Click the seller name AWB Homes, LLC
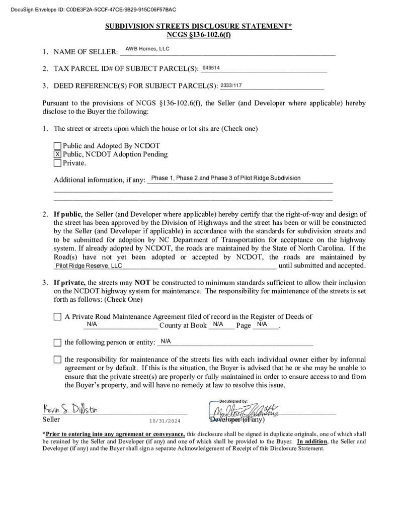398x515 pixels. click(147, 49)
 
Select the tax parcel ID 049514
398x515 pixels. click(211, 68)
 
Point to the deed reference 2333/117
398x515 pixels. click(231, 85)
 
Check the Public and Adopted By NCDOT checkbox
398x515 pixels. click(57, 146)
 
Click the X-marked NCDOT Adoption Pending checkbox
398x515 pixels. click(57, 154)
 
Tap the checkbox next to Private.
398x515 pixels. click(57, 163)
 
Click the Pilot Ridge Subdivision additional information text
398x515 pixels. click(225, 178)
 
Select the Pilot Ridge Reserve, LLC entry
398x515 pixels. click(89, 266)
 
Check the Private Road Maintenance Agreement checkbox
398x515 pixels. click(57, 317)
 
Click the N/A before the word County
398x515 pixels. click(92, 324)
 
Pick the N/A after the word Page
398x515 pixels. click(262, 324)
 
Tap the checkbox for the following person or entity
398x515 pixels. click(57, 342)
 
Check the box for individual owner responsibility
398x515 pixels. click(57, 360)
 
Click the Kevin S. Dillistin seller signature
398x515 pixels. click(70, 408)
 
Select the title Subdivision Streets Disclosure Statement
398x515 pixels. click(198, 26)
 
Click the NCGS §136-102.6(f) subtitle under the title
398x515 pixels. click(198, 35)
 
